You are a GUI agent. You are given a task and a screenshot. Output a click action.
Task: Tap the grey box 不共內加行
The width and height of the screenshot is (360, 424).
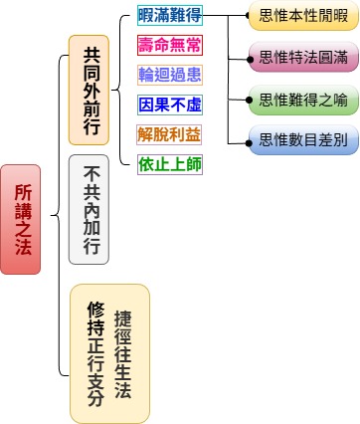pyautogui.click(x=89, y=210)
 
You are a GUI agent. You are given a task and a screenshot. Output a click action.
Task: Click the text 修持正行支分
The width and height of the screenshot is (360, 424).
pyautogui.click(x=95, y=354)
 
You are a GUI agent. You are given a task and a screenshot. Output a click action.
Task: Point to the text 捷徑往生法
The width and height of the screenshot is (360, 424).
pyautogui.click(x=123, y=354)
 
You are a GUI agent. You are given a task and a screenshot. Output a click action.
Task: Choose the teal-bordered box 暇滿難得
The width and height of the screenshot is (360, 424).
pyautogui.click(x=169, y=16)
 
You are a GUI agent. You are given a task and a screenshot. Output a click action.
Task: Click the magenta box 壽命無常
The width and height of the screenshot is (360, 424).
pyautogui.click(x=169, y=46)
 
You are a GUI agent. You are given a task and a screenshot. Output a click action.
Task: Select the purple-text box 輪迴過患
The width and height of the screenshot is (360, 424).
pyautogui.click(x=169, y=76)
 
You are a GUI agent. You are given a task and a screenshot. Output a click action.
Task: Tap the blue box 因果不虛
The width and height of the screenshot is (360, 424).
pyautogui.click(x=169, y=105)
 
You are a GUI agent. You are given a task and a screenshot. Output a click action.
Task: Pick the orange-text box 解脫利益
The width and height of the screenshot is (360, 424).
pyautogui.click(x=169, y=134)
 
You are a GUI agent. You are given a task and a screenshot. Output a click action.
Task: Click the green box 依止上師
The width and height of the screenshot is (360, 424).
pyautogui.click(x=169, y=164)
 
